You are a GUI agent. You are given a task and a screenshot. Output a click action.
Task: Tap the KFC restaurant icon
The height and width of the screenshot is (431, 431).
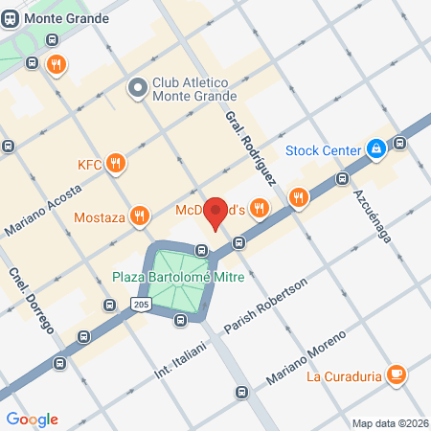[116, 163]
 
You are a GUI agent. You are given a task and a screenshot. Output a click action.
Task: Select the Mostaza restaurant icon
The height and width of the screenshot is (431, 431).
[140, 216]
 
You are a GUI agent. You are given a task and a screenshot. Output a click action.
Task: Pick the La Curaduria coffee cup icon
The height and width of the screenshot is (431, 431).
[396, 374]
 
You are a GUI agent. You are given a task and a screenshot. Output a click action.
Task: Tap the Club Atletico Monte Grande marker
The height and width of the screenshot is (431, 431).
[137, 88]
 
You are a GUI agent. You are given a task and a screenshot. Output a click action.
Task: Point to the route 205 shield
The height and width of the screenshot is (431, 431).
[140, 304]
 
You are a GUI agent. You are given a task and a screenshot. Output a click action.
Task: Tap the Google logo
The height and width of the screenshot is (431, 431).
[32, 419]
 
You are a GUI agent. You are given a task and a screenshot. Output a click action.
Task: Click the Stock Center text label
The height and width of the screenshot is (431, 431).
[324, 149]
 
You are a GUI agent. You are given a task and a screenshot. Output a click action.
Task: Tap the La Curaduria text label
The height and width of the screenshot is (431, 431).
[344, 374]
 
